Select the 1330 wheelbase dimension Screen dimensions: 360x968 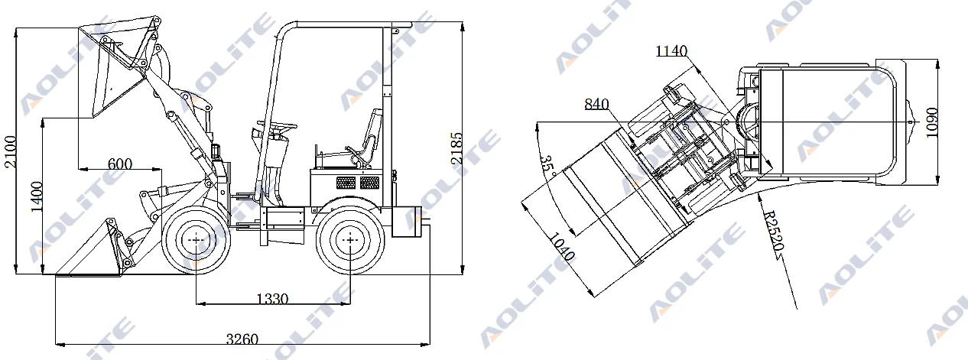pyautogui.click(x=272, y=299)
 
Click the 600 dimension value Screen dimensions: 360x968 pyautogui.click(x=120, y=163)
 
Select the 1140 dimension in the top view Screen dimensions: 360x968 pyautogui.click(x=671, y=51)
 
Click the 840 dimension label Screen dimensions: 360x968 pyautogui.click(x=597, y=104)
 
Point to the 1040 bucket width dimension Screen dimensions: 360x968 pyautogui.click(x=562, y=248)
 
